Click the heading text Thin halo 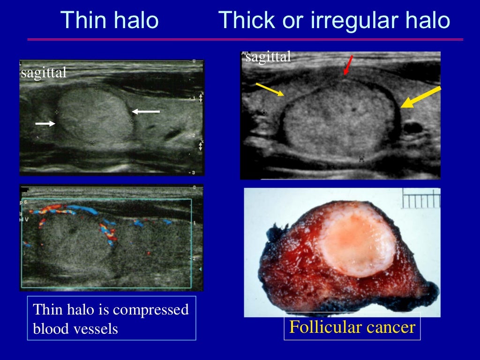pyautogui.click(x=110, y=20)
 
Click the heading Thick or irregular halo pyautogui.click(x=334, y=20)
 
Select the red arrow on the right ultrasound pyautogui.click(x=348, y=65)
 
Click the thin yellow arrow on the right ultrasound pyautogui.click(x=270, y=89)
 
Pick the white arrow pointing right pyautogui.click(x=45, y=123)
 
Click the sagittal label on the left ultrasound pyautogui.click(x=44, y=73)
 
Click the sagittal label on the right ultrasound pyautogui.click(x=268, y=57)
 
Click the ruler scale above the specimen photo pyautogui.click(x=421, y=200)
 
